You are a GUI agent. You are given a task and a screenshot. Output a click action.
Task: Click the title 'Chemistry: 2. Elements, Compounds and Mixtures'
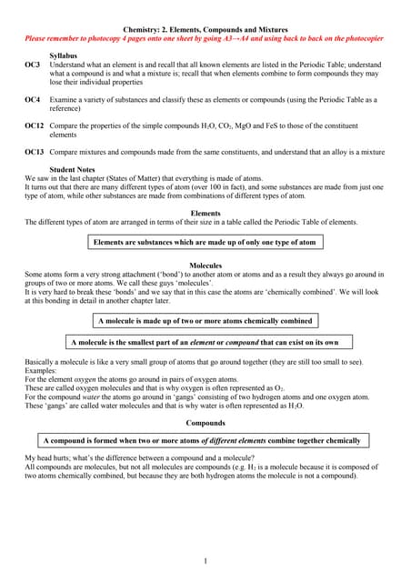point(205,31)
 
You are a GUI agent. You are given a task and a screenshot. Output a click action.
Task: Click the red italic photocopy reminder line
point(205,40)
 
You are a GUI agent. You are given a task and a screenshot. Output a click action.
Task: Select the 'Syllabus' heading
point(64,56)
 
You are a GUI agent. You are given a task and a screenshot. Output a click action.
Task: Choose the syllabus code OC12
point(35,125)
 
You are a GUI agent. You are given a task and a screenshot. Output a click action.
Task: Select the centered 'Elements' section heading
point(205,213)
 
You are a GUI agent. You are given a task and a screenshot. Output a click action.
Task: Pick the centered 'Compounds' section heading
point(205,423)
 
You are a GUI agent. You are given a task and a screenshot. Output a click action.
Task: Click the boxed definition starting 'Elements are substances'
point(205,243)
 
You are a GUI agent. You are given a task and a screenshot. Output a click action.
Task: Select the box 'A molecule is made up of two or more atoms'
point(205,321)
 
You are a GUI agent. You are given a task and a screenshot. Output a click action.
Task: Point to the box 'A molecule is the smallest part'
point(205,342)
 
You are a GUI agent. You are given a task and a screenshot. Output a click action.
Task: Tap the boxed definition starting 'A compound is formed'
point(205,440)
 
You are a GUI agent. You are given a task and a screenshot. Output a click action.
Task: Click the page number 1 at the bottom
point(205,560)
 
